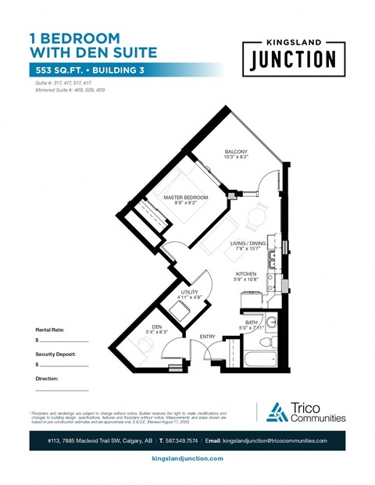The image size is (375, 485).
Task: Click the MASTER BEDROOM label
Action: click(186, 198)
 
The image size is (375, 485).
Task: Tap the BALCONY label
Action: click(236, 151)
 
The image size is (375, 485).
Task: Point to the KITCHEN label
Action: click(247, 273)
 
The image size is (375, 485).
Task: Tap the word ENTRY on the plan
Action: click(207, 337)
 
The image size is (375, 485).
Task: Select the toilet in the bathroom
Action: click(265, 341)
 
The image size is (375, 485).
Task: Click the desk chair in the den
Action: click(138, 349)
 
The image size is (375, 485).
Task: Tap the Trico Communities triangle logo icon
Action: click(277, 412)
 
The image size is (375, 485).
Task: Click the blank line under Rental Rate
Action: click(64, 341)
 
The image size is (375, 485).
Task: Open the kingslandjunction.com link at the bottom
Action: click(187, 458)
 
